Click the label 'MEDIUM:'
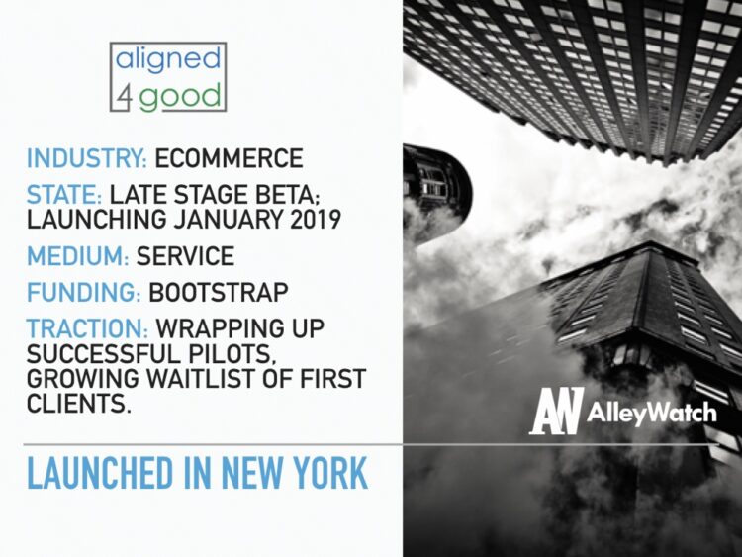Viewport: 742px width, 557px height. pyautogui.click(x=77, y=256)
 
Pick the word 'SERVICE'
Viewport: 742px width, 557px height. pyautogui.click(x=186, y=256)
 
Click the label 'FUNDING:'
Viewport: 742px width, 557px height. pyautogui.click(x=83, y=293)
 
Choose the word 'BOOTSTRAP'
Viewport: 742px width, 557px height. pyautogui.click(x=220, y=293)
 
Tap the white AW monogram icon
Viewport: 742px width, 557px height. pyautogui.click(x=559, y=411)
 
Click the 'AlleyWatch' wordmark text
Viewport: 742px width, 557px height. pyautogui.click(x=651, y=413)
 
